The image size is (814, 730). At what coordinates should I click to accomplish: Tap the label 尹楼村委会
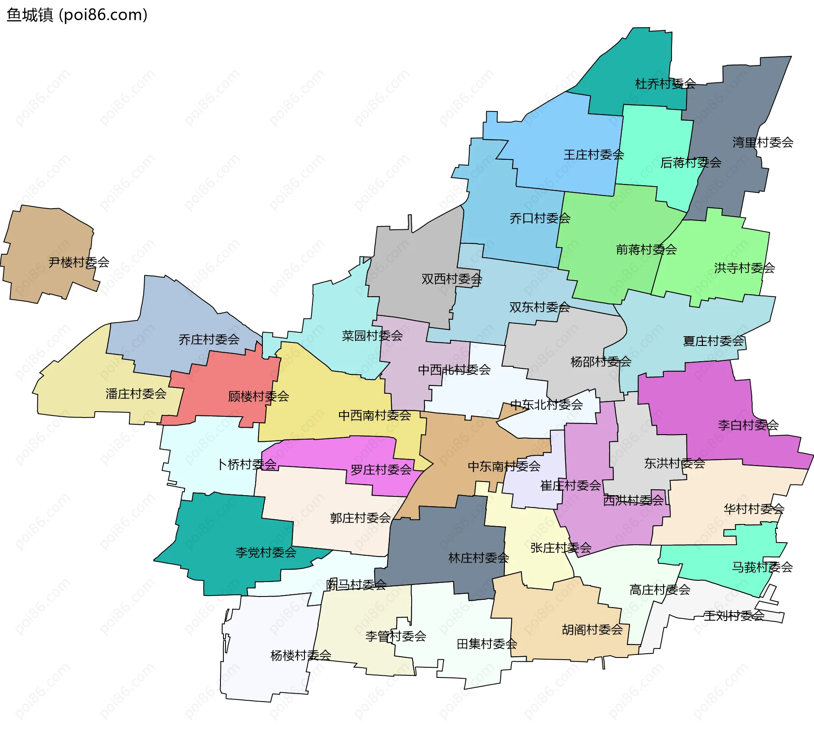(79, 262)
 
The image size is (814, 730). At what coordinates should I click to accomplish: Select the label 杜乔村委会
(665, 84)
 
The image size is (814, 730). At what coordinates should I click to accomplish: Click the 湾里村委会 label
(763, 142)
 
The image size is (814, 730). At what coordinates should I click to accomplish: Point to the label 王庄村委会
(594, 155)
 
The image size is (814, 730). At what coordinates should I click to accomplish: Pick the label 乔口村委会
(540, 218)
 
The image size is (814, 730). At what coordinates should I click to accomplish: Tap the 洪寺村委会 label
(744, 268)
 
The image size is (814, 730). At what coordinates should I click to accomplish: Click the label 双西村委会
(452, 279)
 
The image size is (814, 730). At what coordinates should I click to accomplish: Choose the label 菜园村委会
(372, 336)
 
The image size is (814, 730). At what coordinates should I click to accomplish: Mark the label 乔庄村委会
(209, 340)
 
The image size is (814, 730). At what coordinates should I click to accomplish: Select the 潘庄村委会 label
(136, 394)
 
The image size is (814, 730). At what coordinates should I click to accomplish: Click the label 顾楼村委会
(259, 396)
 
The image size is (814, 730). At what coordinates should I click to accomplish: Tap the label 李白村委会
(748, 425)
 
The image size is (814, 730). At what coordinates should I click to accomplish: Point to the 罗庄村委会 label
(381, 470)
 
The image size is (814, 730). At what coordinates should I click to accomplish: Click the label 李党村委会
(266, 552)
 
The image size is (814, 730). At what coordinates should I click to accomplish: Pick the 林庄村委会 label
(479, 558)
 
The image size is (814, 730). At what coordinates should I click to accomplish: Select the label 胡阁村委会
(592, 630)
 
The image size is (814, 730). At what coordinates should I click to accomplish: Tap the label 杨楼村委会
(301, 655)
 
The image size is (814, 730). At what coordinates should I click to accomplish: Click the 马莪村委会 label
(762, 567)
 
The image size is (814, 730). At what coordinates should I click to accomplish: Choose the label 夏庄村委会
(714, 341)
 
